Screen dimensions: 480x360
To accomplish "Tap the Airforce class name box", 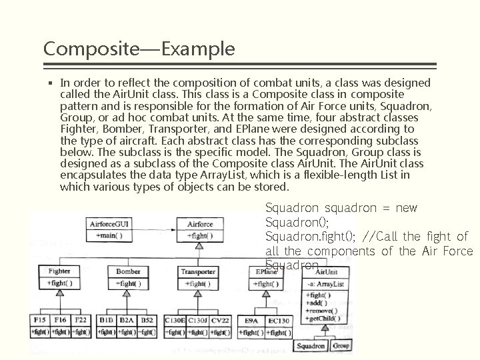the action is tap(200, 225).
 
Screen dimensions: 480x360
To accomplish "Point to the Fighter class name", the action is tap(59, 271).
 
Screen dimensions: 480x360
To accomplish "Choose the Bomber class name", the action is tap(128, 271).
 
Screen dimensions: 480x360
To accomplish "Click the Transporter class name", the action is tap(198, 271).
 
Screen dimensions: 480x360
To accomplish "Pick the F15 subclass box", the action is tap(39, 321).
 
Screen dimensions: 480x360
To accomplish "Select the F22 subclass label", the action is tap(81, 321).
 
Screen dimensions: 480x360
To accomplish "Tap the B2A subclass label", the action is tap(126, 321).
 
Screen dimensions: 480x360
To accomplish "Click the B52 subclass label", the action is tap(147, 321).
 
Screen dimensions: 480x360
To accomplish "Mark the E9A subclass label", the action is tap(251, 321).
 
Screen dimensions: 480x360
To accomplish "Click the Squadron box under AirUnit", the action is tap(311, 346).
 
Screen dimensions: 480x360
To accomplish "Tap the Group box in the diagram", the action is tap(340, 346).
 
